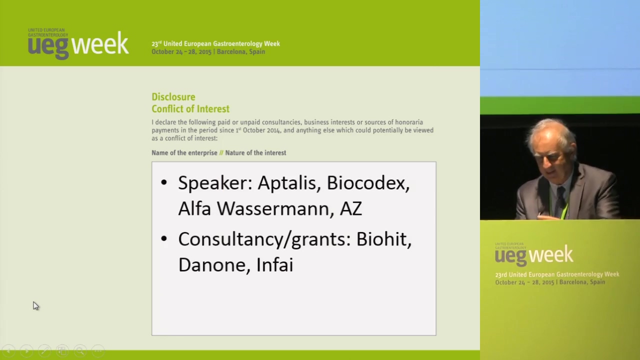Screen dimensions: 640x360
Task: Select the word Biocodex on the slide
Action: coord(368,183)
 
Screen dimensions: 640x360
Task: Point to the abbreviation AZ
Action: coord(351,208)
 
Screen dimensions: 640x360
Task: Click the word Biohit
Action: coord(383,239)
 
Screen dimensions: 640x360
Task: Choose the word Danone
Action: coord(211,265)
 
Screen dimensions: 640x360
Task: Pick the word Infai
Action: coord(275,264)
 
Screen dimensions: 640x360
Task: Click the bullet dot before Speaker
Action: coord(163,182)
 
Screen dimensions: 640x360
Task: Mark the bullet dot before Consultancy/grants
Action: coord(163,239)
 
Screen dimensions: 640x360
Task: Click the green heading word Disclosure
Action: coord(173,97)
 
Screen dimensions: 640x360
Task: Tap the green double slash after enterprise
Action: coord(221,153)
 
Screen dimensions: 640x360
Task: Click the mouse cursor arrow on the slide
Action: coord(35,306)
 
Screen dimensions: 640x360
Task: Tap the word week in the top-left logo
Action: coord(100,43)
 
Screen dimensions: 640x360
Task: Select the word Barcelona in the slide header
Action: coord(229,51)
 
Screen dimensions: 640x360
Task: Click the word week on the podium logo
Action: coord(551,254)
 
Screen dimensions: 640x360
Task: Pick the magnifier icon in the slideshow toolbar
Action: coord(80,350)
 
